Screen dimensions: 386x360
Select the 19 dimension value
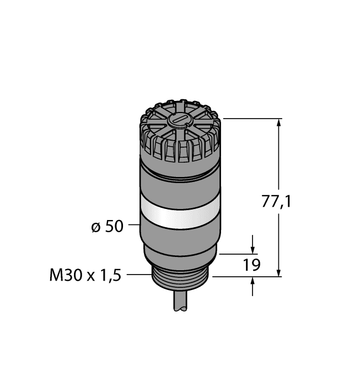click(251, 266)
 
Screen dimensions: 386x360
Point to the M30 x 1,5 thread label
click(85, 274)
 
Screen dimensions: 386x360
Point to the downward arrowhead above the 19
click(252, 249)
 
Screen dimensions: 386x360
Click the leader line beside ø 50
click(134, 225)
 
